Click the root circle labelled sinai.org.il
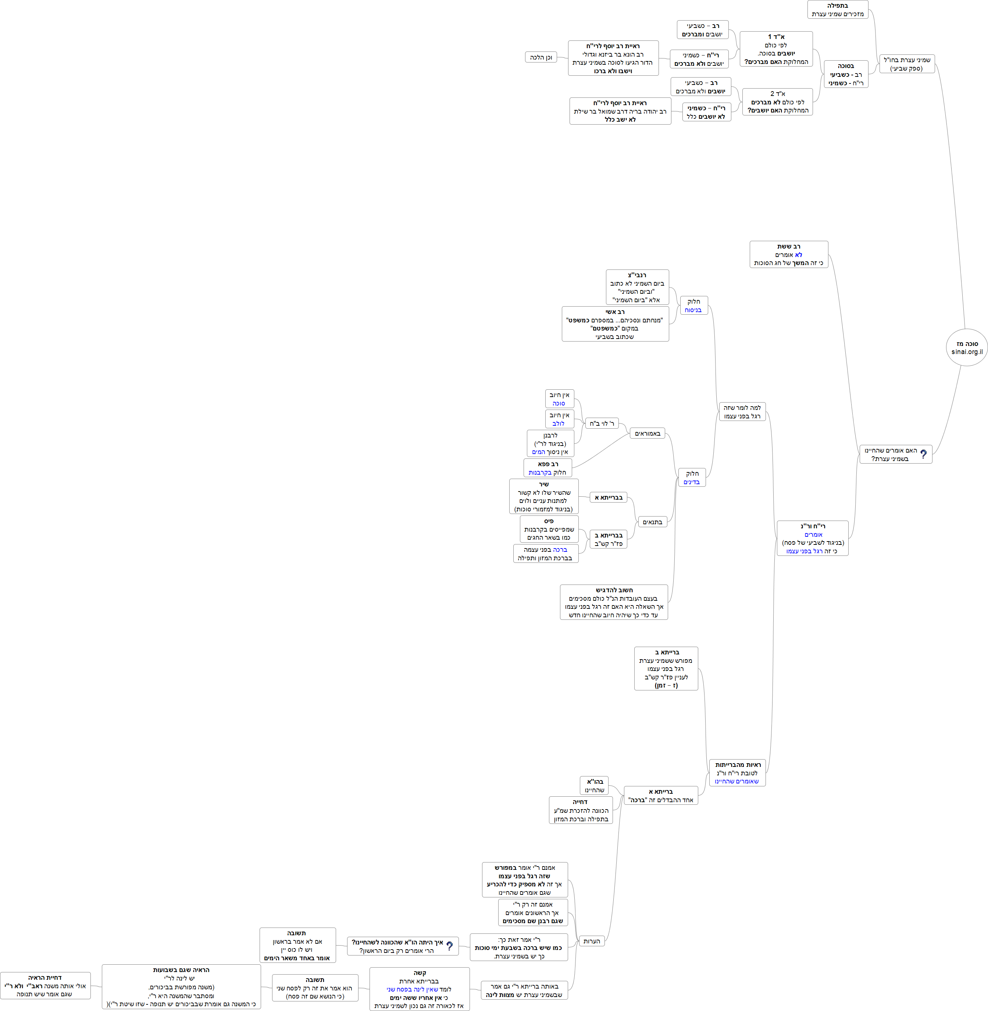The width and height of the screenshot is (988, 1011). coord(967,347)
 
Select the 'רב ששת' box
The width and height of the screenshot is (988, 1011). coord(788,254)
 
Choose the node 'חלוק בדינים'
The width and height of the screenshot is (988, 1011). coord(692,477)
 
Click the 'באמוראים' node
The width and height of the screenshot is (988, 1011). coord(647,433)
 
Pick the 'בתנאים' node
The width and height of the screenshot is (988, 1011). coord(652,521)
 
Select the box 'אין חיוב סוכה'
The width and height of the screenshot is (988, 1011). coord(559,399)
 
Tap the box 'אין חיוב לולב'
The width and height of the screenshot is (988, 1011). coord(559,419)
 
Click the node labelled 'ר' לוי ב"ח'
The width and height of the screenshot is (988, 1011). coord(602,423)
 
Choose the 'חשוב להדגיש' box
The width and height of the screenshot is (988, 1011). coord(614,602)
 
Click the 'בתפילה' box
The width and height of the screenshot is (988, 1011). coord(838,9)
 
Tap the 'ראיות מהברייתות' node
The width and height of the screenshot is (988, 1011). coord(737,772)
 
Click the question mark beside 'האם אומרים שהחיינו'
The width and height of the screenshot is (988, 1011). coord(923,454)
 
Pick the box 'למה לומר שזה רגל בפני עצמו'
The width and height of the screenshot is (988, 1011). coord(742,411)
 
